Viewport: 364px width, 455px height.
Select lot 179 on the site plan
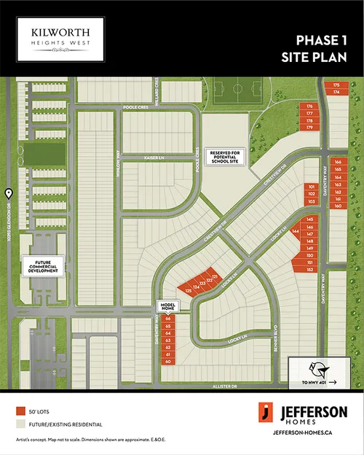coord(309,128)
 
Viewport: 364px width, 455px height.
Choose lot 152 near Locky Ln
coord(309,270)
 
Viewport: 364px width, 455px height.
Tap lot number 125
coord(188,291)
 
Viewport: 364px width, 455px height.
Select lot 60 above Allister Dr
coord(168,362)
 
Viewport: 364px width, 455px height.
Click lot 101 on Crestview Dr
coord(311,187)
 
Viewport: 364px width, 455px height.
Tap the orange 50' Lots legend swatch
coord(20,412)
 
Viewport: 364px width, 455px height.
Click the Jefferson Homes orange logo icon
coord(267,412)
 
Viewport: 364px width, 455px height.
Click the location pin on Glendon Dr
coord(8,193)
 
